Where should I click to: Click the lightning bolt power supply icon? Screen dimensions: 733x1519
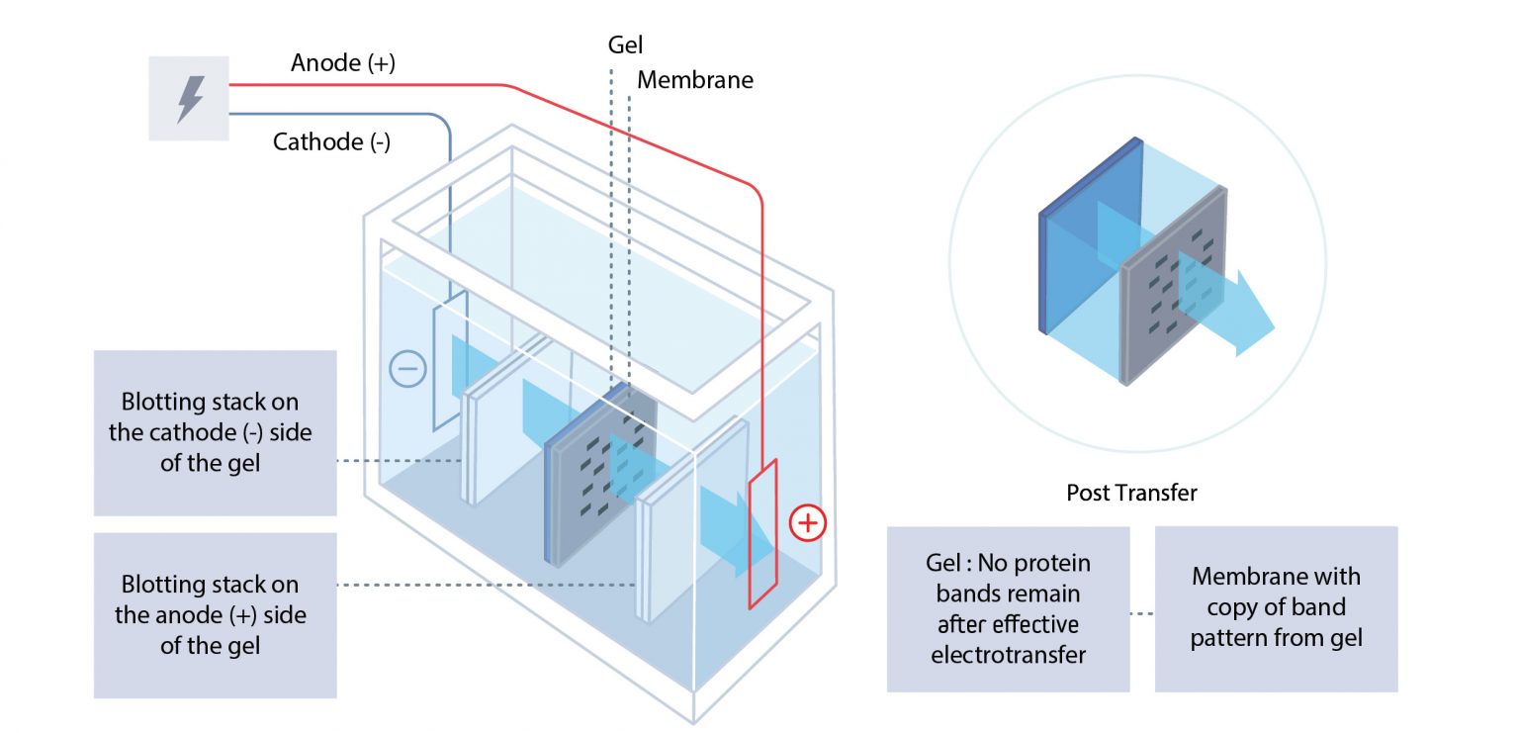[x=189, y=98]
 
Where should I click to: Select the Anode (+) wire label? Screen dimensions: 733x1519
[x=343, y=63]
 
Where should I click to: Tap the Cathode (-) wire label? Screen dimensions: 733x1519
[x=331, y=141]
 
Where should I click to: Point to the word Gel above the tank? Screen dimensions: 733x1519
[x=625, y=45]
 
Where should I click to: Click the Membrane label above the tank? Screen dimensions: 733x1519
[x=694, y=79]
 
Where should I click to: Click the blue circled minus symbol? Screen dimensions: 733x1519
[x=407, y=369]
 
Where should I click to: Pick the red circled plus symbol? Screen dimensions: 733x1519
[x=807, y=521]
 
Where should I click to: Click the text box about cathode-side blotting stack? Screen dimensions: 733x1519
[x=215, y=432]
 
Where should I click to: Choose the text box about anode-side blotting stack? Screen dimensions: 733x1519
[x=215, y=614]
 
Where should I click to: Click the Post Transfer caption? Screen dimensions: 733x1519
[x=1131, y=493]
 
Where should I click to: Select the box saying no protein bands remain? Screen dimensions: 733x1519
[x=1007, y=608]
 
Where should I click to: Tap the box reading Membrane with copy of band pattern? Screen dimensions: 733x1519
[x=1276, y=608]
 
